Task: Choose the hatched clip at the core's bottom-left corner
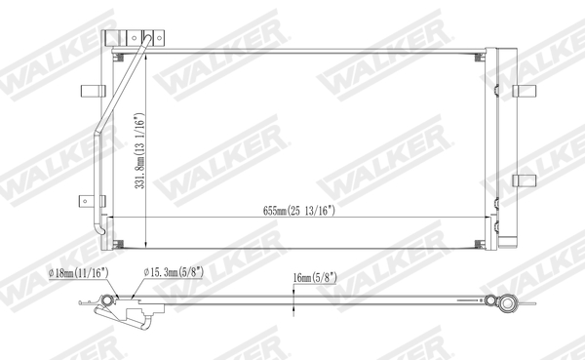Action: (117, 243)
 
